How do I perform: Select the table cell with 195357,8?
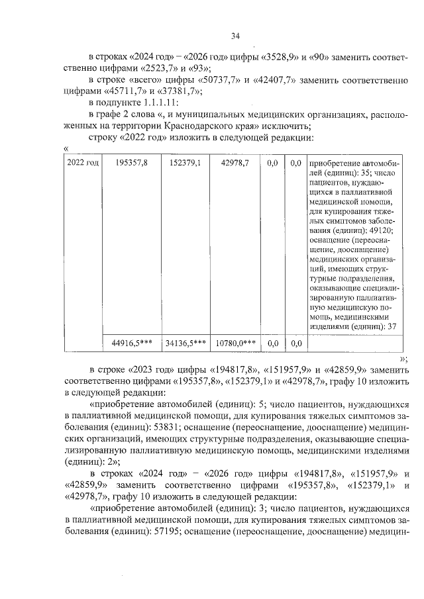pos(131,162)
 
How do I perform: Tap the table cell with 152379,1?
pos(185,162)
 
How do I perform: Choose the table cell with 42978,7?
pos(236,162)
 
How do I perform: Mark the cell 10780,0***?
pos(236,343)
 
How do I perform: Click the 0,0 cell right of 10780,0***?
pos(272,343)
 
